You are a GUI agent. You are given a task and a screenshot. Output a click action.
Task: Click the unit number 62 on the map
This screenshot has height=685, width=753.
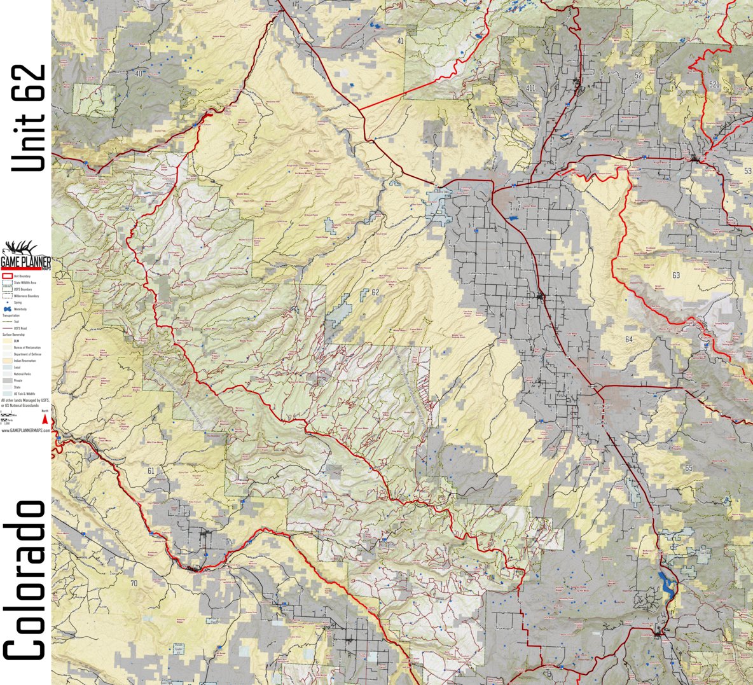[375, 293]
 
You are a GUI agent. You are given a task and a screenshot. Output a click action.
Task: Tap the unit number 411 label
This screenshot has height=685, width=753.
[530, 87]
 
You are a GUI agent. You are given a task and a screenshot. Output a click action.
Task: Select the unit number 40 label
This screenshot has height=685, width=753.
[139, 74]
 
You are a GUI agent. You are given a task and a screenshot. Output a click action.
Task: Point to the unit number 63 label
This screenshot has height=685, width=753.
[675, 275]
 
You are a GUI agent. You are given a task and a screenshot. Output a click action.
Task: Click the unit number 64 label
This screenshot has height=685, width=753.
[628, 340]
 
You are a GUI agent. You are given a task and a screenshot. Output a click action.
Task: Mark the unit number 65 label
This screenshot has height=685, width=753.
[689, 468]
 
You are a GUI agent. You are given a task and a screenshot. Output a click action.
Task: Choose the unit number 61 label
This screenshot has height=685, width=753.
[150, 471]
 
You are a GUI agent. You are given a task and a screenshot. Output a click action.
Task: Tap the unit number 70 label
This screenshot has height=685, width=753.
[133, 583]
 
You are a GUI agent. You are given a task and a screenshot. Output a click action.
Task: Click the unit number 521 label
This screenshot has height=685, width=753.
[714, 85]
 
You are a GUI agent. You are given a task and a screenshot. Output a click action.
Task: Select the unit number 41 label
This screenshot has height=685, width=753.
[400, 41]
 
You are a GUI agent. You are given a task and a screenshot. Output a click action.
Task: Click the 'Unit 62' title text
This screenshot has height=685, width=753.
[29, 118]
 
